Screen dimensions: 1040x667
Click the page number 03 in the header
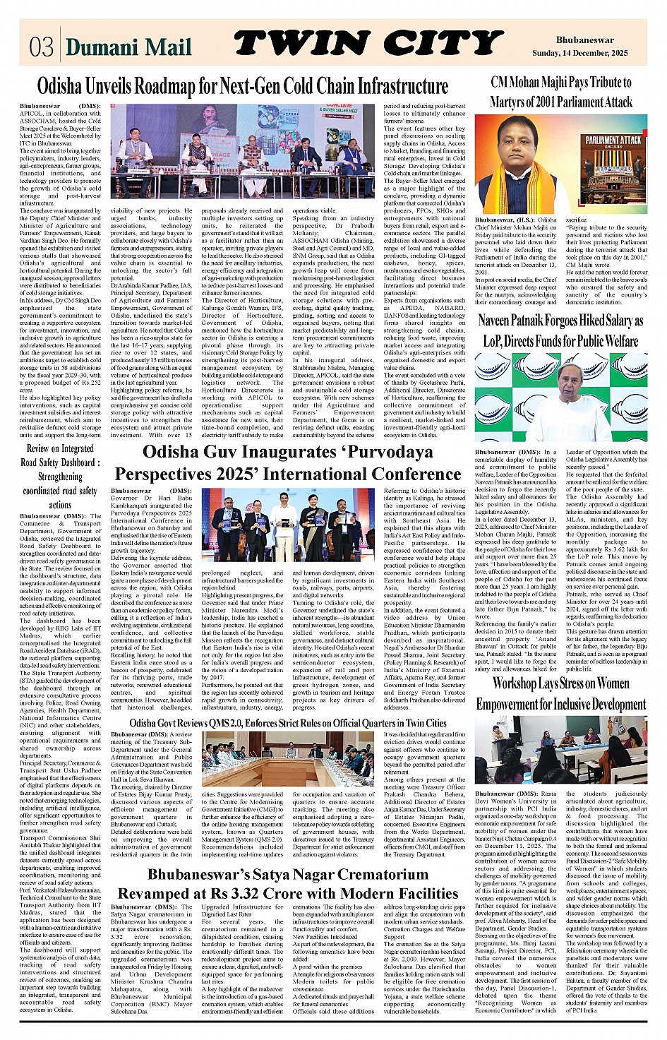click(x=42, y=45)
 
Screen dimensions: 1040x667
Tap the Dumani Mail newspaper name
click(x=128, y=47)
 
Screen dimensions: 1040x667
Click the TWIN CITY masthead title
click(x=367, y=44)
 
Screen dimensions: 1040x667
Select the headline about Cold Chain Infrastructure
click(x=242, y=86)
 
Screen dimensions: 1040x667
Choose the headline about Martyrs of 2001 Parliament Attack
click(x=561, y=92)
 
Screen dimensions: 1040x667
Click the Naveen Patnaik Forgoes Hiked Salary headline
click(x=561, y=330)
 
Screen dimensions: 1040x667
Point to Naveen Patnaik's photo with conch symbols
click(x=561, y=397)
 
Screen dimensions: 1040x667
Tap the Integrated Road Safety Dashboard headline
click(x=60, y=476)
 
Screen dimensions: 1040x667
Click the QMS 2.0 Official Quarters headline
click(x=288, y=723)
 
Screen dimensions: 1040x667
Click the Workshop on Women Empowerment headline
click(x=561, y=693)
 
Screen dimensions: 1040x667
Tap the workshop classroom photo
click(x=561, y=750)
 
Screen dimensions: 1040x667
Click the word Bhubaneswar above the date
click(x=584, y=40)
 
